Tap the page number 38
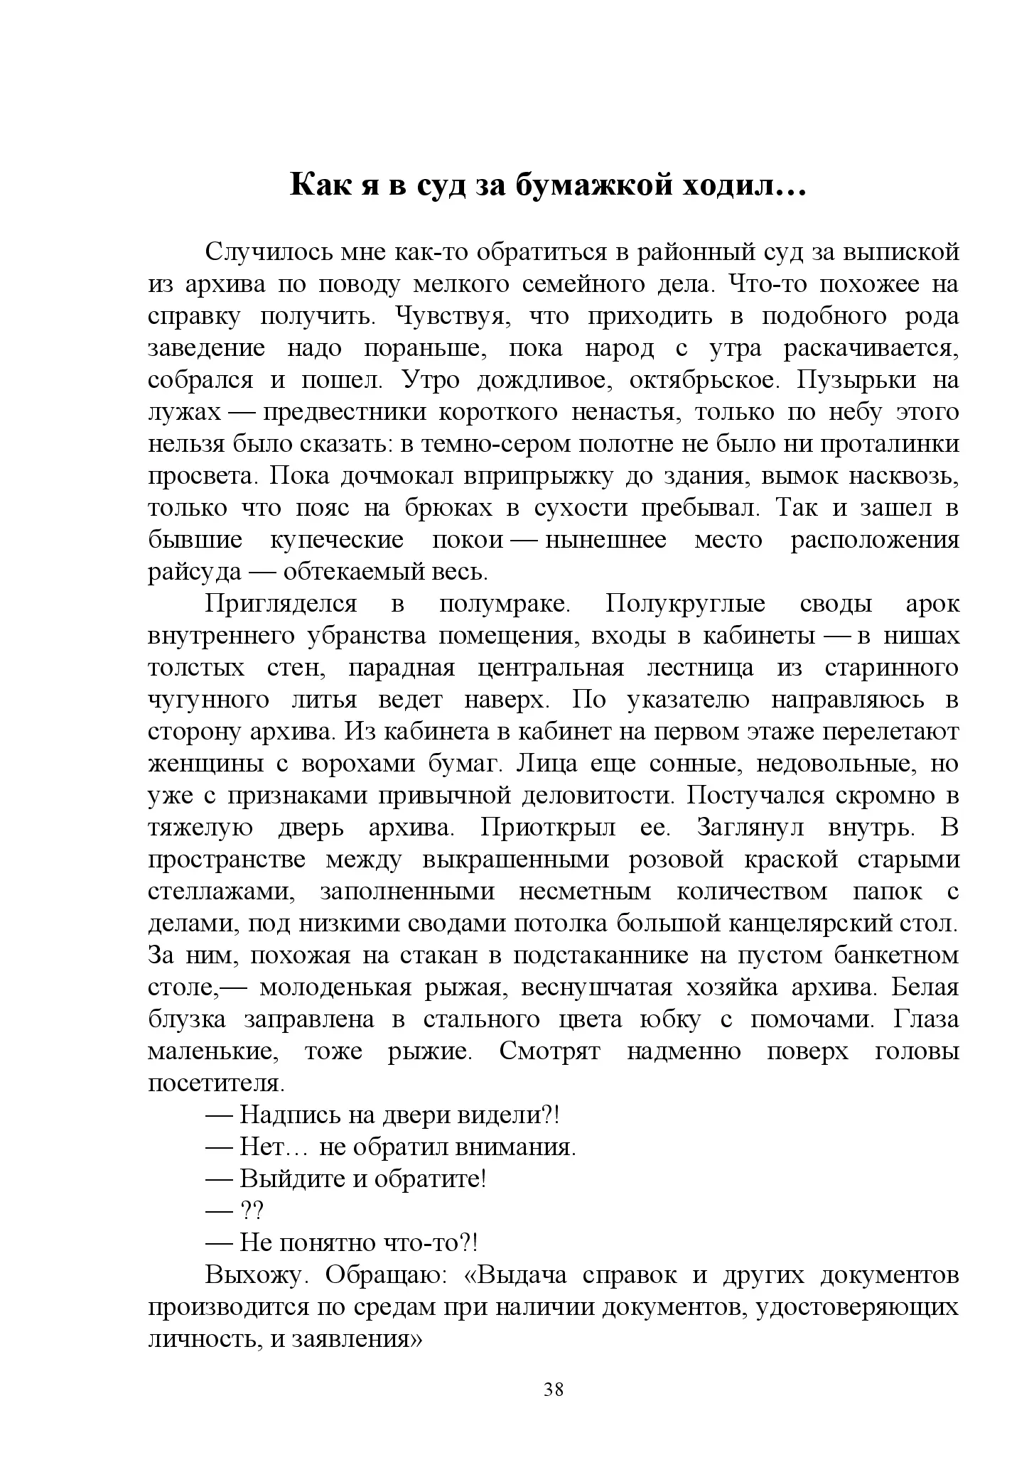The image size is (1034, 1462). (x=553, y=1390)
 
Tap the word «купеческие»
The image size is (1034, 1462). (x=337, y=540)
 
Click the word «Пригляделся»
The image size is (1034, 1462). (x=281, y=604)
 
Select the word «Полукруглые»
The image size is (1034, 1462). (x=685, y=604)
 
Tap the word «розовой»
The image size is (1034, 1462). (x=676, y=860)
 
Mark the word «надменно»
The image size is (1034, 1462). (x=683, y=1051)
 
